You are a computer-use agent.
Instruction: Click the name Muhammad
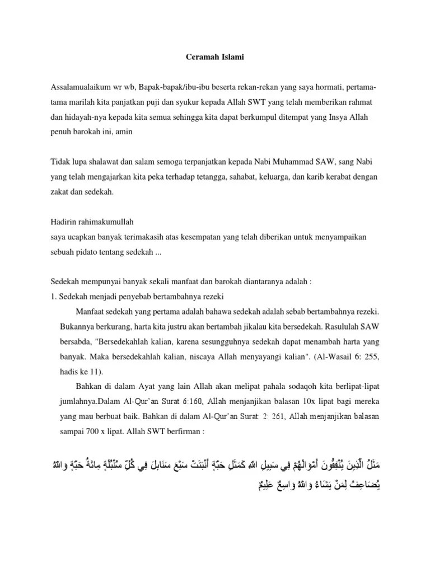coord(301,162)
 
